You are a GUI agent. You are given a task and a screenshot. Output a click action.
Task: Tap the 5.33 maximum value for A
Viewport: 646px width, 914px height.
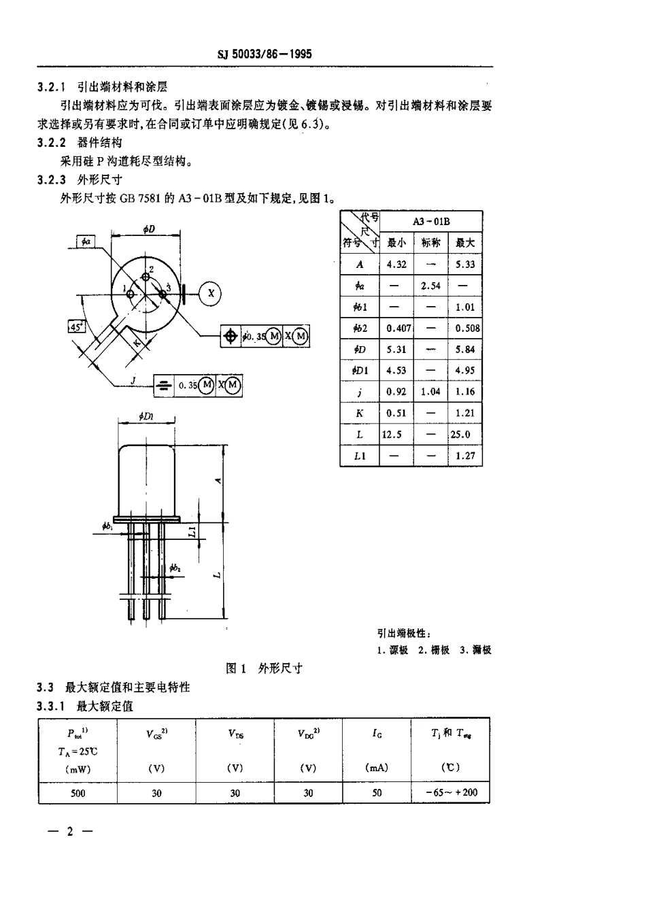[465, 265]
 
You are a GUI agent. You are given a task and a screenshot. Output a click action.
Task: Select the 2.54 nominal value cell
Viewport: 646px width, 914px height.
[430, 286]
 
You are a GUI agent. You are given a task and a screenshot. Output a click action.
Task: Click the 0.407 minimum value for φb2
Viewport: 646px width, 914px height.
[398, 328]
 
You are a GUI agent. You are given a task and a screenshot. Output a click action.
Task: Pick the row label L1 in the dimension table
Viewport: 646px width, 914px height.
[360, 456]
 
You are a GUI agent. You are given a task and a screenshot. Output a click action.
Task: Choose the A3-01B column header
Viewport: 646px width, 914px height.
[431, 222]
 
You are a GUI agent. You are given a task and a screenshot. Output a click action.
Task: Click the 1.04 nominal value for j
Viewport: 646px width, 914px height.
[430, 392]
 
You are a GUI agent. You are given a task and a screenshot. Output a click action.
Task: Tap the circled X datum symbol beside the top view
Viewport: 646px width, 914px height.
[211, 292]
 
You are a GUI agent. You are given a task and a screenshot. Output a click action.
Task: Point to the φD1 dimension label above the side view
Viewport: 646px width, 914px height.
[146, 416]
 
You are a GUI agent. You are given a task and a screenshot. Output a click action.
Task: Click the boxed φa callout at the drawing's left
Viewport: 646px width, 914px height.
[86, 241]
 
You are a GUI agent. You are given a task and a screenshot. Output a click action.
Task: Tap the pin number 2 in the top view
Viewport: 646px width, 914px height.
[151, 270]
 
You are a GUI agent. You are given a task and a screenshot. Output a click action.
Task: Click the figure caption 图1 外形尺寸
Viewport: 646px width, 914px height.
[264, 668]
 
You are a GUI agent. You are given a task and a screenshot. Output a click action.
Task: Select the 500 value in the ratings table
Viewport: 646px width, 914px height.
[78, 793]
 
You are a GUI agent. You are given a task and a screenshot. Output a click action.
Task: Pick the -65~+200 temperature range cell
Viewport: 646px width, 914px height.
[452, 793]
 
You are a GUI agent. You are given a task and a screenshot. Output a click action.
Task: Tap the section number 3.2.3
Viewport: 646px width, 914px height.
[52, 180]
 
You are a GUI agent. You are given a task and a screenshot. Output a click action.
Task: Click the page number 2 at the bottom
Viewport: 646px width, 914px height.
[69, 832]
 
